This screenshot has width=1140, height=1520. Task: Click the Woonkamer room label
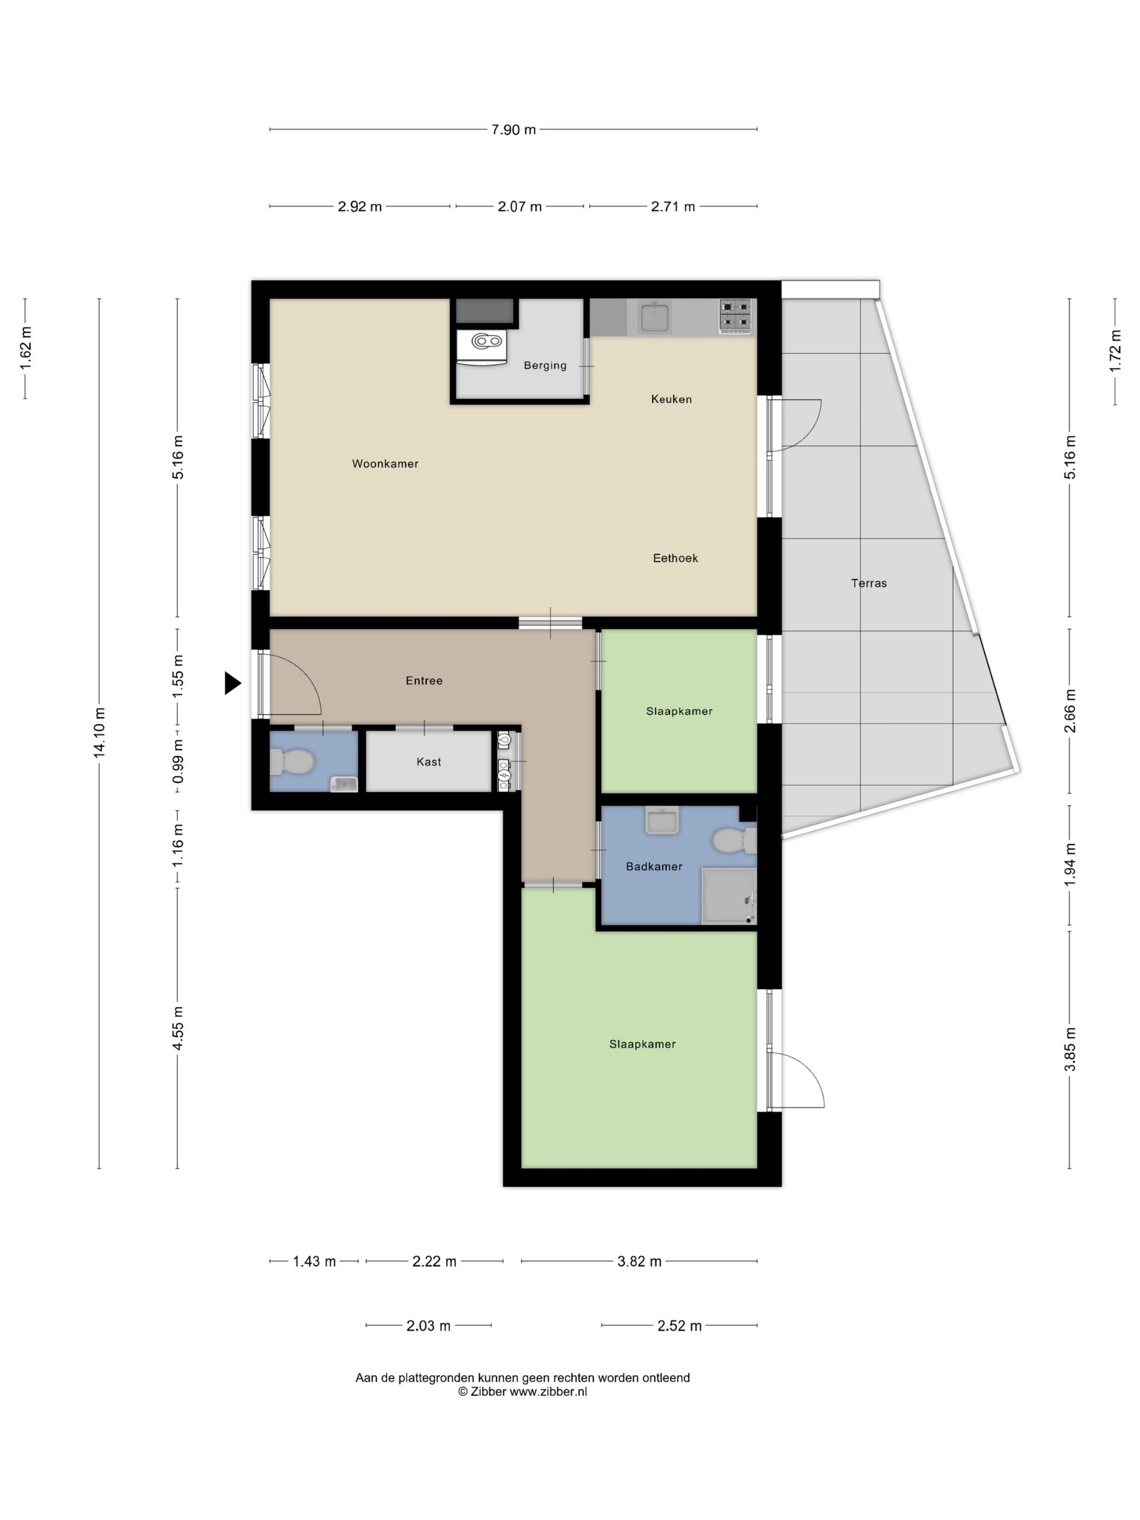385,464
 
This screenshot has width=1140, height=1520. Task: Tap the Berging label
545,365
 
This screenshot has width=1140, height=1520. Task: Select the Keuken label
672,399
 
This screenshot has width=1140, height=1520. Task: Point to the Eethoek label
675,558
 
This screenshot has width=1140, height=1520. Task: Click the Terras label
869,584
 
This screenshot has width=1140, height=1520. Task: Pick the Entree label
424,681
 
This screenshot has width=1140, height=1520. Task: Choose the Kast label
429,762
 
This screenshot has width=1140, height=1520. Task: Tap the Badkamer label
654,866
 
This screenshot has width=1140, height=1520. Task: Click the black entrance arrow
233,683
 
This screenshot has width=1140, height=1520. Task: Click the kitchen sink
655,318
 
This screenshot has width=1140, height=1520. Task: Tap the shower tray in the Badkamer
729,895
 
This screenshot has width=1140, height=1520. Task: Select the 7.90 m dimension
514,130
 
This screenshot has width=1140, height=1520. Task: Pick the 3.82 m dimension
639,1261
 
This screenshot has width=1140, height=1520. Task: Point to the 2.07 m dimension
520,207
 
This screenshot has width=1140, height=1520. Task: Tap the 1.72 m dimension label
1114,351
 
